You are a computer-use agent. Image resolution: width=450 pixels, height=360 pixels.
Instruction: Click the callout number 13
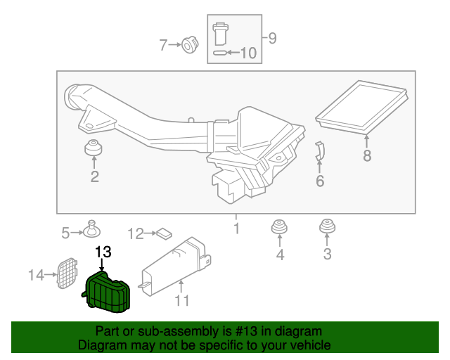103,252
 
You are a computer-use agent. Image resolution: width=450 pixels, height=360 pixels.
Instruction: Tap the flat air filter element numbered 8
363,106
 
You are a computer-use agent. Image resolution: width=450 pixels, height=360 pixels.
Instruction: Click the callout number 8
367,155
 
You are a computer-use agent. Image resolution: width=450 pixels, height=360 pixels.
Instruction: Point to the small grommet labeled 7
188,46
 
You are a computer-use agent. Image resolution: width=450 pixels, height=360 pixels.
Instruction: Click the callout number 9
272,39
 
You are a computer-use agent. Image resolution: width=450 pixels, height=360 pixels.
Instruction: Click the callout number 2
94,176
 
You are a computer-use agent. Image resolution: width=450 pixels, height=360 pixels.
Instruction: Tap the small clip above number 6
319,150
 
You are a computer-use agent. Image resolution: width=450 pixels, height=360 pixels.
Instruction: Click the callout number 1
237,229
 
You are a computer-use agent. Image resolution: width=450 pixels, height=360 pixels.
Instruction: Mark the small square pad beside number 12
165,231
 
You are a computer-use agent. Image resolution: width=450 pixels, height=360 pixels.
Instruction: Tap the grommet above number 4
280,229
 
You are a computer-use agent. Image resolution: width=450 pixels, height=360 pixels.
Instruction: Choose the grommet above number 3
327,227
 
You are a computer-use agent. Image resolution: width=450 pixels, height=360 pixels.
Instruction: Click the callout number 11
182,301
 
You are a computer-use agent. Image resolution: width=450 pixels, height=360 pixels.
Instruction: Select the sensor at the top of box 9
219,32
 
